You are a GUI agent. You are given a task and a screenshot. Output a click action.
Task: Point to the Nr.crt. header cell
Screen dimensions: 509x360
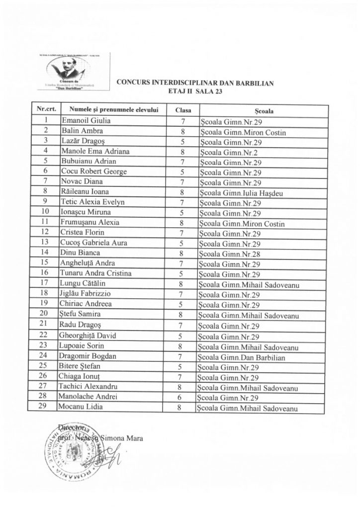click(x=45, y=110)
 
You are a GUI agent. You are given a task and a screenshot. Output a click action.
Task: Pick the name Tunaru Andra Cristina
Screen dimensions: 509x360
click(x=93, y=274)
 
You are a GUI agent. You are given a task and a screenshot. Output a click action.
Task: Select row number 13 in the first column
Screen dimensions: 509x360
click(x=45, y=243)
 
